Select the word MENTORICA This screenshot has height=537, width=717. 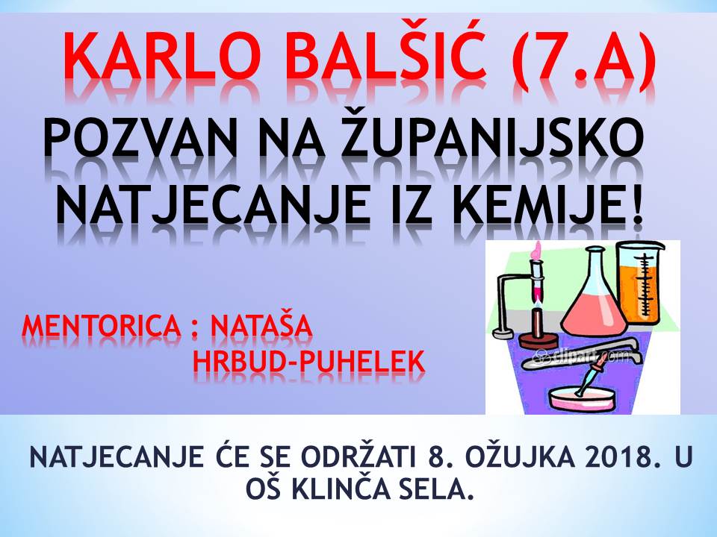click(x=102, y=326)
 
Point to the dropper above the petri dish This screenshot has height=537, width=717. click(x=591, y=374)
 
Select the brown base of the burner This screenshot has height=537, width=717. click(x=538, y=341)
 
